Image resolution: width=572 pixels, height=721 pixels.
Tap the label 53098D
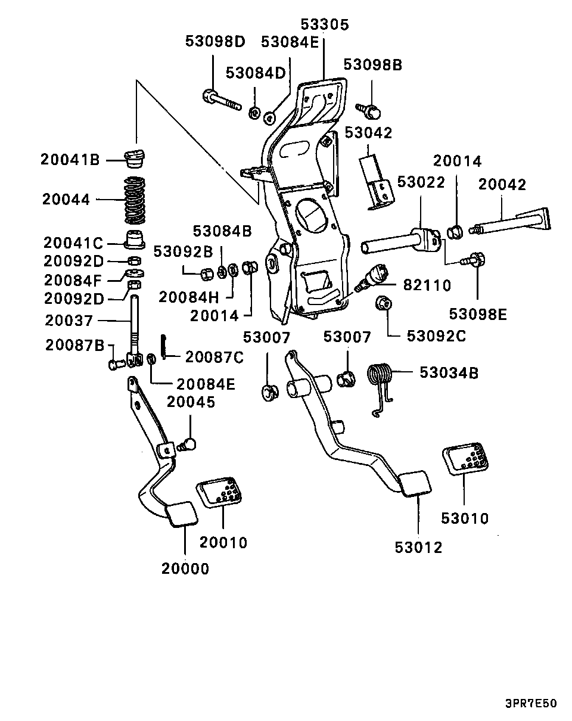pyautogui.click(x=215, y=42)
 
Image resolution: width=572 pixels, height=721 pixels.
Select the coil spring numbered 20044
pyautogui.click(x=135, y=199)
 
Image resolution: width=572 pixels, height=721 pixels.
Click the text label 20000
pyautogui.click(x=185, y=569)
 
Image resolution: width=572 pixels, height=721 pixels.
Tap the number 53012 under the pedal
pyautogui.click(x=418, y=547)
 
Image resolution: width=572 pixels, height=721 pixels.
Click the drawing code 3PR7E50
pyautogui.click(x=531, y=704)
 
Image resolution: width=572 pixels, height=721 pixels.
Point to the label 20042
pyautogui.click(x=502, y=185)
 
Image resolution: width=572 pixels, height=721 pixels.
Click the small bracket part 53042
pyautogui.click(x=375, y=181)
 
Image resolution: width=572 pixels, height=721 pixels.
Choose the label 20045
pyautogui.click(x=191, y=402)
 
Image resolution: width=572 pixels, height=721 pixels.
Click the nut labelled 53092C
pyautogui.click(x=384, y=304)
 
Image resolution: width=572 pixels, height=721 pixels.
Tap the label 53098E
pyautogui.click(x=477, y=314)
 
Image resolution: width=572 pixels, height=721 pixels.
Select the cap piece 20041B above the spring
pyautogui.click(x=135, y=159)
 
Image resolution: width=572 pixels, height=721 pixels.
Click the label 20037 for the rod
pyautogui.click(x=69, y=321)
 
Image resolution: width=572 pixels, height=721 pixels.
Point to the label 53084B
pyautogui.click(x=222, y=230)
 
